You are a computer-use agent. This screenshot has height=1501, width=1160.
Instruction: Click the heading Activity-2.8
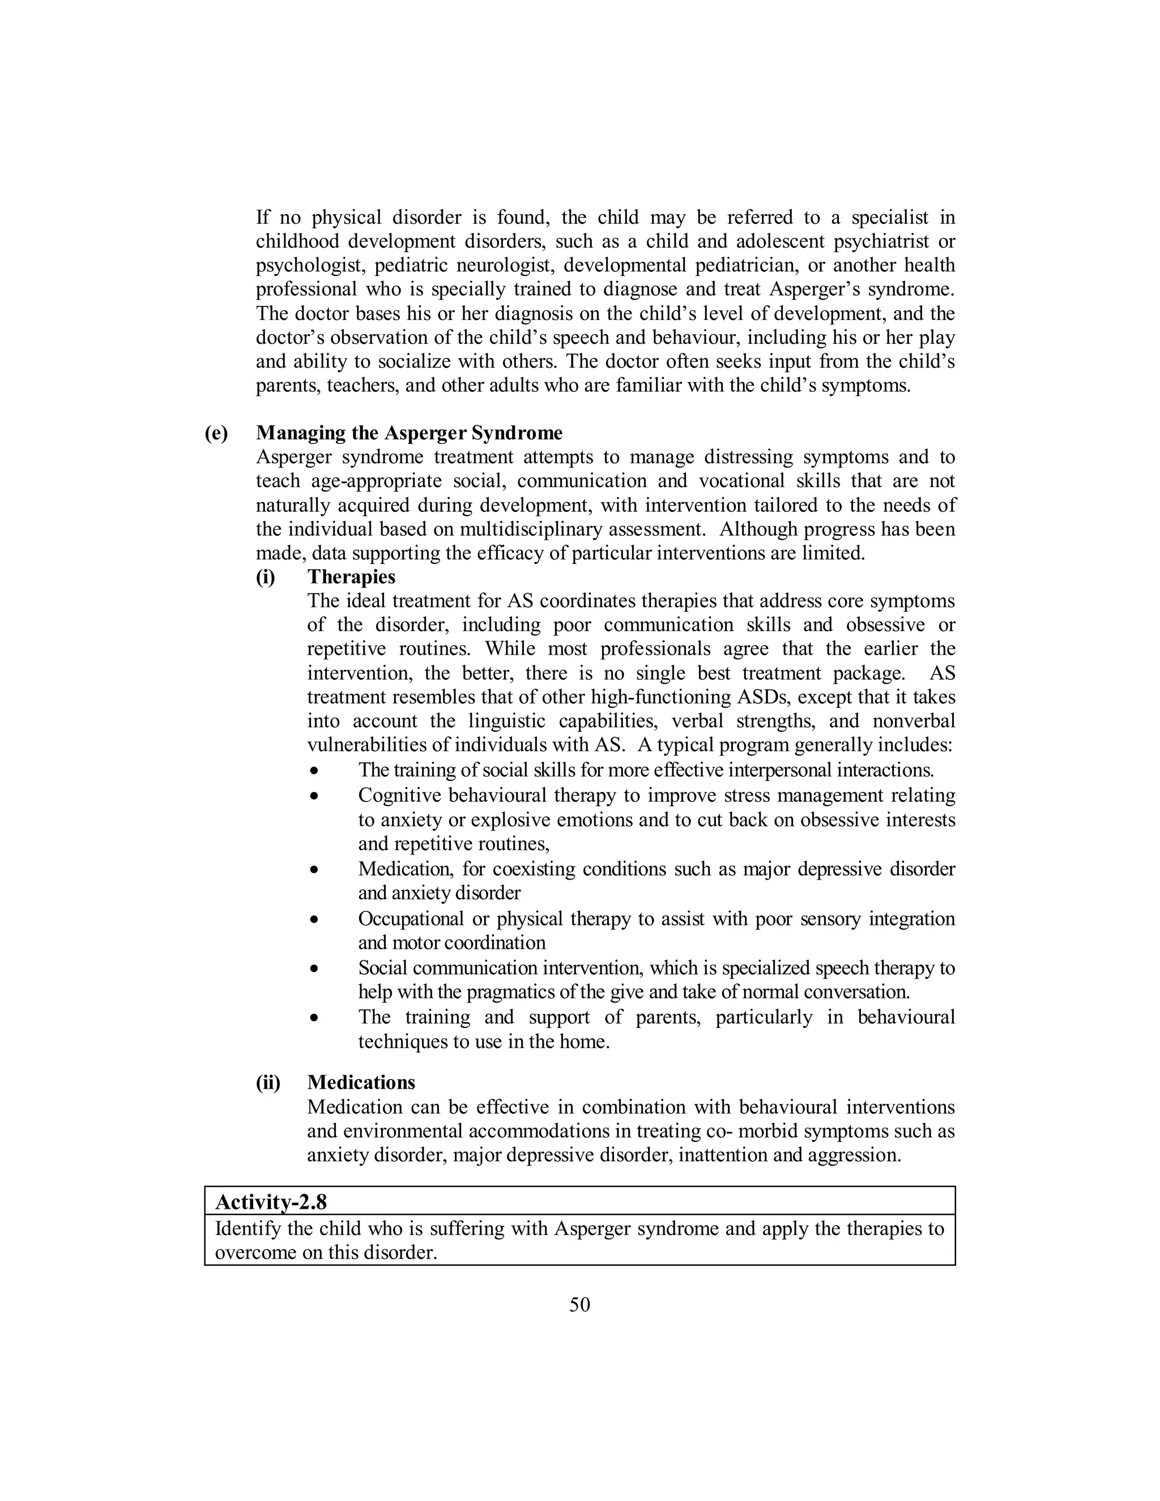coord(271,1201)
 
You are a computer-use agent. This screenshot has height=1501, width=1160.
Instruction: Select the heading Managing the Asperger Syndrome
coord(409,433)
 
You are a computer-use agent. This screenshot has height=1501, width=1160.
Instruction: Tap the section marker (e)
coord(216,433)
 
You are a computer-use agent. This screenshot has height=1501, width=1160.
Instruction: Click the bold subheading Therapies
coord(351,577)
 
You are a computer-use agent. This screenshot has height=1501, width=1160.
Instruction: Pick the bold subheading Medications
coord(361,1082)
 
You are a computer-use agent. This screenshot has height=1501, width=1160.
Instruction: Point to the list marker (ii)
coord(268,1082)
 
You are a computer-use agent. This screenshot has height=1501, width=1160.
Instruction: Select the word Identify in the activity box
coord(242,1228)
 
